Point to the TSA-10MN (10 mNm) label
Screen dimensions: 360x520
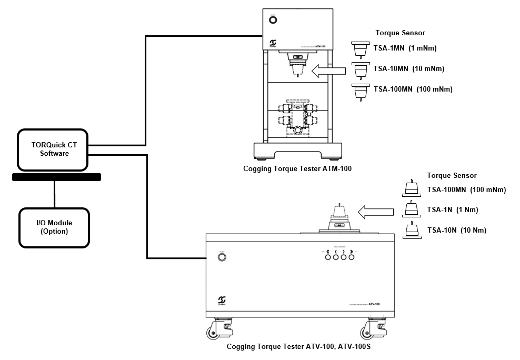[x=408, y=68]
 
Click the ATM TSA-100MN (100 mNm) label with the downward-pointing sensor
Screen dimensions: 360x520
[x=413, y=89]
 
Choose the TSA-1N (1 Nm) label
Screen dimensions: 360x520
[x=452, y=209]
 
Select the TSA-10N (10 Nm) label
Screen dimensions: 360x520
[x=456, y=230]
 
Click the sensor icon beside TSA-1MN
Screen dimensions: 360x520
[x=361, y=49]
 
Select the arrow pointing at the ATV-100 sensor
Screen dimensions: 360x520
[x=375, y=212]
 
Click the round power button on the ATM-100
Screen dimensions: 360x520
[x=273, y=21]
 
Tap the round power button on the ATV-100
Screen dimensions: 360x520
[x=222, y=257]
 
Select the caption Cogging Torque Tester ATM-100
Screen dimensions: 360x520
[x=297, y=169]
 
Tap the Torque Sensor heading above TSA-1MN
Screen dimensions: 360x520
[x=399, y=33]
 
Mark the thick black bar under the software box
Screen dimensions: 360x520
[x=56, y=177]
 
